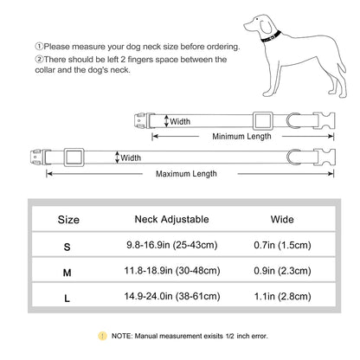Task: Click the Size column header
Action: coord(68,220)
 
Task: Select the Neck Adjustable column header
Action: coord(171,219)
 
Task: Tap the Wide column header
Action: coord(282,219)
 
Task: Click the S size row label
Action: coord(67,247)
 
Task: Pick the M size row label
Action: coord(67,273)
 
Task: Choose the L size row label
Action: coord(67,298)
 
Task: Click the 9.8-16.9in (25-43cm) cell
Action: coord(171,245)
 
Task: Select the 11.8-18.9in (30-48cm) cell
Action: coord(172,271)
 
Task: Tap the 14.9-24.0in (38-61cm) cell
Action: coord(172,296)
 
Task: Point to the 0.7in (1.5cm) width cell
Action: coord(282,245)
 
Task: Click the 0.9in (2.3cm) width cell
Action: coord(282,271)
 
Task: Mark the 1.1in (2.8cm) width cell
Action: coord(282,296)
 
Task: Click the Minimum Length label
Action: coord(241,136)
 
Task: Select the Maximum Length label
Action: coord(186,174)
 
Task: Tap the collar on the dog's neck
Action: coord(271,36)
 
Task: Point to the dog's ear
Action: coord(266,26)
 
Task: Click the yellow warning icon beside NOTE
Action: coord(102,336)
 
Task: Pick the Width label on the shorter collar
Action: coord(180,121)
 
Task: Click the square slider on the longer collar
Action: coord(74,157)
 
